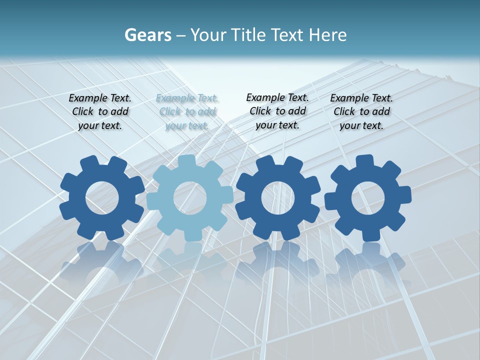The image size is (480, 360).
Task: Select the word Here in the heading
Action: tap(327, 35)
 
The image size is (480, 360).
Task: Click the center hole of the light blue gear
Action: tap(190, 198)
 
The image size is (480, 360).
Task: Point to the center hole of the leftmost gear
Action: tap(102, 198)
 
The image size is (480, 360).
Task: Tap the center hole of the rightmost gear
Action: tap(368, 198)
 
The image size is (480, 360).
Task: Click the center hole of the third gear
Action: tap(277, 198)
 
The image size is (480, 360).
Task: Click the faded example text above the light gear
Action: tap(187, 112)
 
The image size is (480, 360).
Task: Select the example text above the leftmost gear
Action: tap(100, 112)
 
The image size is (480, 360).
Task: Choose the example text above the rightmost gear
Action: tap(361, 112)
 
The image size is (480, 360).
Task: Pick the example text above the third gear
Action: tap(277, 111)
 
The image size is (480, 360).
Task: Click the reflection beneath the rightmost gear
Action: tap(368, 262)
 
